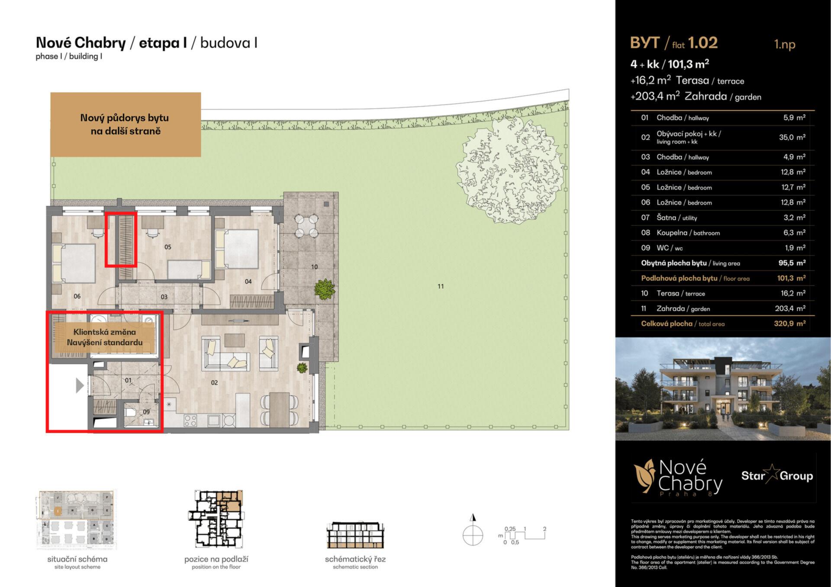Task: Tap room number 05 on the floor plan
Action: click(x=168, y=247)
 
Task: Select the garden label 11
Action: click(x=441, y=286)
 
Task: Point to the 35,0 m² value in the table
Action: click(x=792, y=138)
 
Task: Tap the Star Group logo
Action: click(x=777, y=476)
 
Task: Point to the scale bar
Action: click(x=525, y=535)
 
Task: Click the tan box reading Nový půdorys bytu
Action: click(x=126, y=124)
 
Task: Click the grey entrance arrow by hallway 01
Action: click(x=80, y=385)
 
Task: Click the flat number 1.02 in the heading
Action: click(x=703, y=43)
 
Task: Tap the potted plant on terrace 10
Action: click(x=325, y=289)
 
